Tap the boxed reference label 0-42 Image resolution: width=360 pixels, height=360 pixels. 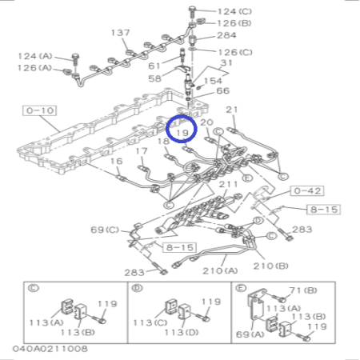(x=285, y=192)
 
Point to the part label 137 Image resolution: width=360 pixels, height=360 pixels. (x=120, y=33)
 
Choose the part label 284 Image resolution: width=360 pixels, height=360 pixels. (x=226, y=36)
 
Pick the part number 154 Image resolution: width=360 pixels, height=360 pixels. (x=214, y=82)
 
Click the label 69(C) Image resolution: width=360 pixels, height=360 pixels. (x=104, y=230)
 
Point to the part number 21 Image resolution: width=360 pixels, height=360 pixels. (x=233, y=109)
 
